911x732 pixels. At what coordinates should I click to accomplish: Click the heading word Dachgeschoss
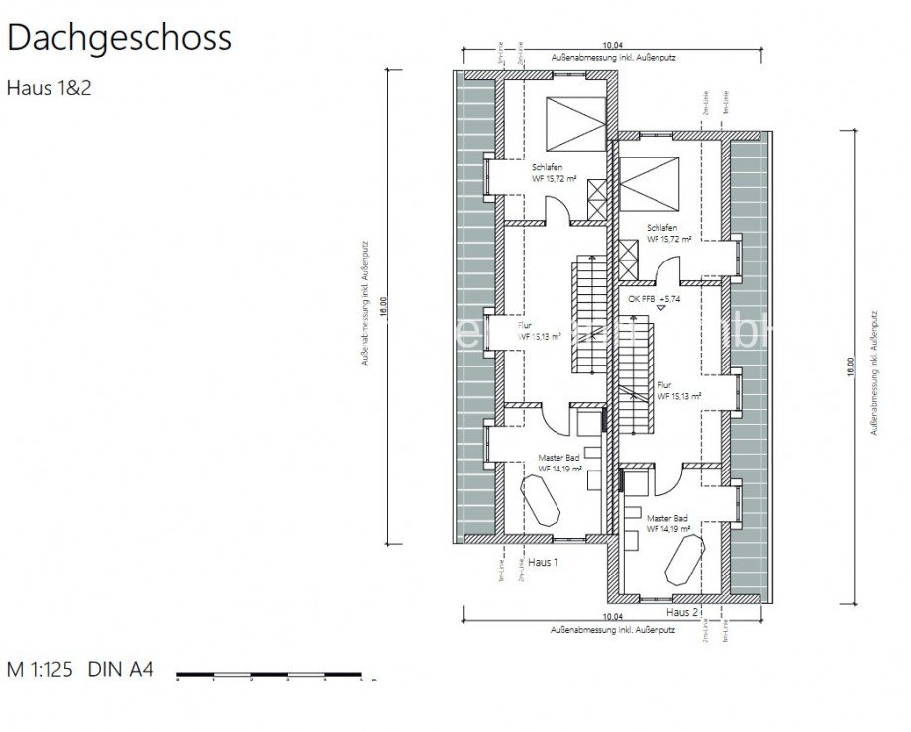[119, 37]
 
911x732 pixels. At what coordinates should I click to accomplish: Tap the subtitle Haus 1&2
[50, 87]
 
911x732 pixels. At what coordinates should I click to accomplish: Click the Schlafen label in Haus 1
[548, 167]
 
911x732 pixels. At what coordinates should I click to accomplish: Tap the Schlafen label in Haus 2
[663, 227]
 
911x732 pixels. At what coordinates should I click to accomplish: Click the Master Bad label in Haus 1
[558, 458]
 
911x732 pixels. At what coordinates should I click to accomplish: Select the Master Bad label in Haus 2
[666, 518]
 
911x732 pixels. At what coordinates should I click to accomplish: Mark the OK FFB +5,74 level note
[654, 298]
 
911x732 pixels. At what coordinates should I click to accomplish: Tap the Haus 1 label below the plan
[544, 562]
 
